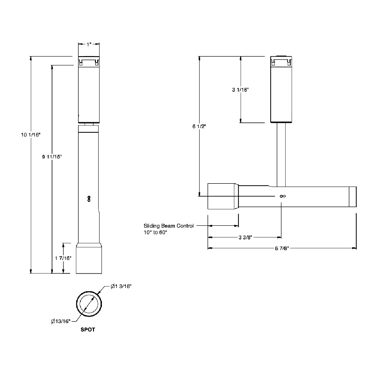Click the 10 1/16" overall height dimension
pos(31,135)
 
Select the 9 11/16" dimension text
pos(52,157)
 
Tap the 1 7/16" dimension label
pos(63,258)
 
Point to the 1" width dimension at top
pos(89,44)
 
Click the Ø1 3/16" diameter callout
pos(121,286)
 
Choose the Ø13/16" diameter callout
pos(61,321)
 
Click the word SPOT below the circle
pos(88,330)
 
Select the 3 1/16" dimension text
pos(240,90)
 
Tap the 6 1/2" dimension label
pos(199,126)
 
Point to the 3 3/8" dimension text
pos(245,237)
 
